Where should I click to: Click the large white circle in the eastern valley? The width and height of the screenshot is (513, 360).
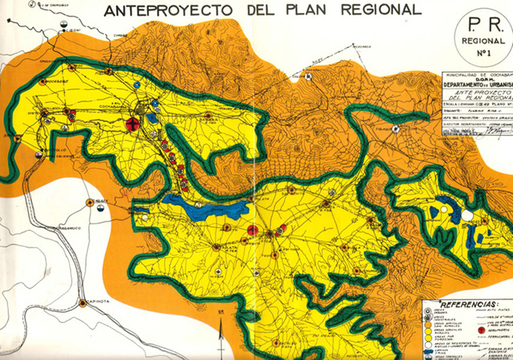pos(467,215)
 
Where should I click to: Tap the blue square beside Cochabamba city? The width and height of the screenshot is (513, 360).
pos(151,117)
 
